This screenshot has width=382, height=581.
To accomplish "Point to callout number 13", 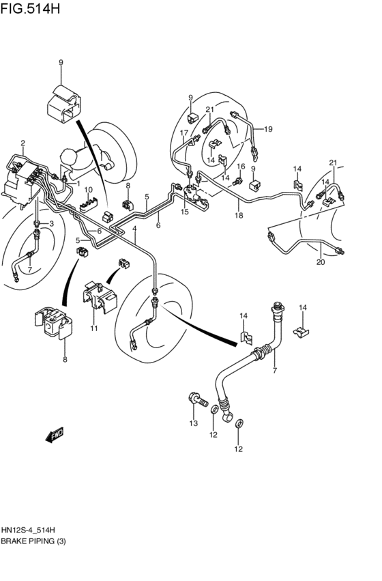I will click(x=193, y=423).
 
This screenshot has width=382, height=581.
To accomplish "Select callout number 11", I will click(x=94, y=329).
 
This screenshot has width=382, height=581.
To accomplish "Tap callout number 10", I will click(x=88, y=190).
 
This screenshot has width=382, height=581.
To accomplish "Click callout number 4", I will click(x=135, y=228).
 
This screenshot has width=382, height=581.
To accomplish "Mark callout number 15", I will click(x=185, y=212).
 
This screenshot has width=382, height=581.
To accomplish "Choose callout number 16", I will click(x=240, y=166).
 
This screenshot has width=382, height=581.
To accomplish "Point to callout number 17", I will click(x=183, y=132).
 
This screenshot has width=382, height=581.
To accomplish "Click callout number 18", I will click(x=239, y=216).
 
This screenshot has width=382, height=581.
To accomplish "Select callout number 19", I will click(x=268, y=128).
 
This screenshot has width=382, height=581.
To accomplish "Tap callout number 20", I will click(x=321, y=262).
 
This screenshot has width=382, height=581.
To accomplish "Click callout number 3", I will click(x=51, y=224).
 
